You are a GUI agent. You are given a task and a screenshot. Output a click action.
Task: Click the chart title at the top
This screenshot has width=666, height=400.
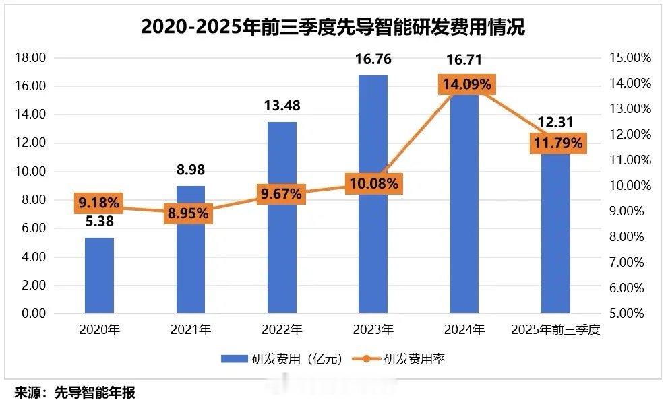(x=332, y=27)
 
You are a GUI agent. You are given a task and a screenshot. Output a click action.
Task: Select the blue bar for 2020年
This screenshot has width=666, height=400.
(x=99, y=275)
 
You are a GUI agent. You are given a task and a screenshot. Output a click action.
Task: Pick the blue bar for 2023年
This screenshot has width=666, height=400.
(x=373, y=256)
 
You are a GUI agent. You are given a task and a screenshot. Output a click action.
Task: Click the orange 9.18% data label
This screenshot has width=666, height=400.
(x=99, y=202)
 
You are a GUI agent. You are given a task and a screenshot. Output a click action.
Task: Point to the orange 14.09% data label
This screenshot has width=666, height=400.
(x=466, y=85)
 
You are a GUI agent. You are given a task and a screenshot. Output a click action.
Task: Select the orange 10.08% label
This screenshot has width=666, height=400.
(x=373, y=182)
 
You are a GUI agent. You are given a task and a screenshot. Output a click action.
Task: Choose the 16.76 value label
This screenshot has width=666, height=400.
(x=373, y=60)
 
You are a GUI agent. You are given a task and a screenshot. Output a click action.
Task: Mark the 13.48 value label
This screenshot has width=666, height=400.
(x=282, y=106)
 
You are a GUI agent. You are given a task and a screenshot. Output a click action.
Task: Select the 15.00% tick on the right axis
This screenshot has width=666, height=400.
(x=630, y=58)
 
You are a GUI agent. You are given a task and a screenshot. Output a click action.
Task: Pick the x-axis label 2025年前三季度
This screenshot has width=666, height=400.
(x=556, y=330)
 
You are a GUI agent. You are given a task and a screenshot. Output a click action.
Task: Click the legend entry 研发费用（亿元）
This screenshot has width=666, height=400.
(x=282, y=359)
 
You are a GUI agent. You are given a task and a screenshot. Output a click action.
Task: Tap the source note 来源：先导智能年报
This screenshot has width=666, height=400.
(x=75, y=392)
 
